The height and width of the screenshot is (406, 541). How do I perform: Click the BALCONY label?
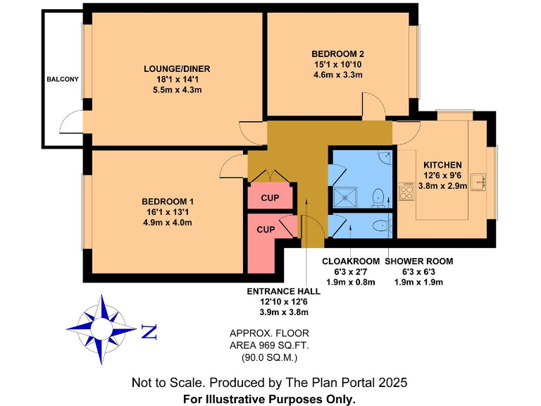coord(63,80)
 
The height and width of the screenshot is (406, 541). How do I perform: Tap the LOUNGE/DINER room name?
coord(177,68)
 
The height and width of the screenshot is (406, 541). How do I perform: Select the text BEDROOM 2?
coord(337,54)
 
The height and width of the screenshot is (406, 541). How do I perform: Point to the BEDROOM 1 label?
coord(167,202)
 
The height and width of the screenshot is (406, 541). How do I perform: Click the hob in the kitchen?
coord(406,192)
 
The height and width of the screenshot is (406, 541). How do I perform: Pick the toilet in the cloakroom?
coord(380,226)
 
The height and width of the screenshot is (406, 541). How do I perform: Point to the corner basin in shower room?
coord(385,156)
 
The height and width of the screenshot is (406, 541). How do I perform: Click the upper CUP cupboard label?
coord(269,199)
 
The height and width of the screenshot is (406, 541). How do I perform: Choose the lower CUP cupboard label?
coord(265,230)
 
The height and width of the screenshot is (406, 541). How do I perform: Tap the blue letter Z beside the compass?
coord(149,331)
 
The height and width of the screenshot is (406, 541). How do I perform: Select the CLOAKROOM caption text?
coord(350,261)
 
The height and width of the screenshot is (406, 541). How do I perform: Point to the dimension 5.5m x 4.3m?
coord(177,91)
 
